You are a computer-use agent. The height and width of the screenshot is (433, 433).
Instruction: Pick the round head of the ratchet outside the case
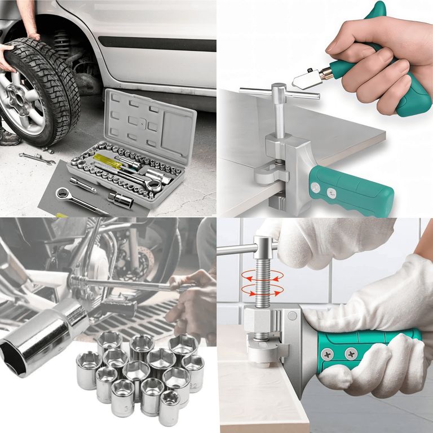coord(61,193)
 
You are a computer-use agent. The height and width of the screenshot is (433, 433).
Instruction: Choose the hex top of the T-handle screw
coord(279,90)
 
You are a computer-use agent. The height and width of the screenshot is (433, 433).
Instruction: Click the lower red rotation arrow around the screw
coord(260,290)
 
